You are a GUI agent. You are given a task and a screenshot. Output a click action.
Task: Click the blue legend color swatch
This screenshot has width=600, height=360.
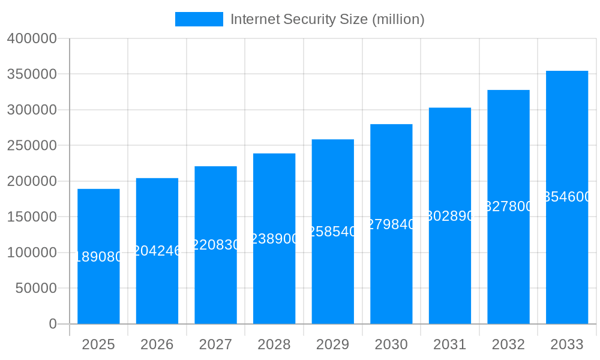coord(199,19)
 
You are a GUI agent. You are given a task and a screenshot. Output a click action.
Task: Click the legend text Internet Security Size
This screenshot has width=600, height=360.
coord(327,19)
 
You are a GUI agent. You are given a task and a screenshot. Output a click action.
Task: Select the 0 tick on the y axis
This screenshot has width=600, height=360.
coord(53,324)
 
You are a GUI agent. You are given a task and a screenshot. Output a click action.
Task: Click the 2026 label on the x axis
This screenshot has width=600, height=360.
coord(157,345)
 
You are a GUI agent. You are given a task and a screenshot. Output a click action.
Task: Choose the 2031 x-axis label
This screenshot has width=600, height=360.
coord(450,345)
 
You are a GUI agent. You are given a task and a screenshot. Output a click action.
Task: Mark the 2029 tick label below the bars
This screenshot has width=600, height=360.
coord(333,345)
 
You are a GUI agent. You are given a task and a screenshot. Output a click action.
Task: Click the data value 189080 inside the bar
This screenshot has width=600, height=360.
coord(98,257)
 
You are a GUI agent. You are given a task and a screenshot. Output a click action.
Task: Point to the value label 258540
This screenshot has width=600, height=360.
coord(333,232)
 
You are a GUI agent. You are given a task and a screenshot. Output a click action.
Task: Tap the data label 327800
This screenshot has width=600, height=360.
coord(508,207)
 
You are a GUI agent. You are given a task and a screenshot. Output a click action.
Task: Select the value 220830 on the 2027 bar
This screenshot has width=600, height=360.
coord(215,245)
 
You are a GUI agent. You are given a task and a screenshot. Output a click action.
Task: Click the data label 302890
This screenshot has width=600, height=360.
coord(450,216)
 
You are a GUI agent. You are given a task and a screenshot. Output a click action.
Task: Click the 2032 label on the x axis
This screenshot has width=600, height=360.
coord(508,345)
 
